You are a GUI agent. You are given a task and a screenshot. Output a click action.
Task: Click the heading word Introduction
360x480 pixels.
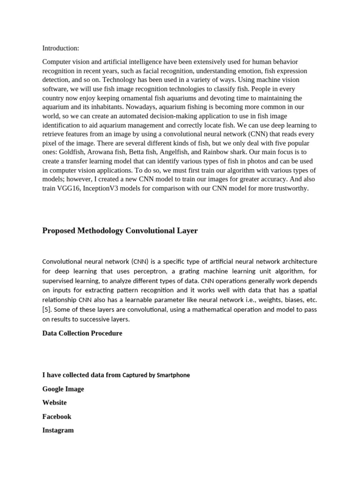point(60,48)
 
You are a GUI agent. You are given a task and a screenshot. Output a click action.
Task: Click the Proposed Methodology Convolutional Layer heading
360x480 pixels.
point(120,231)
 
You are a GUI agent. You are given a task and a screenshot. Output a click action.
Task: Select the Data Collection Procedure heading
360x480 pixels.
point(82,333)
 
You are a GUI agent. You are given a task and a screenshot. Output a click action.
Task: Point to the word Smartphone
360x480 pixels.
point(173,375)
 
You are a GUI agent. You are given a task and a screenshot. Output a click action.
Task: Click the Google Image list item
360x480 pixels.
point(63,389)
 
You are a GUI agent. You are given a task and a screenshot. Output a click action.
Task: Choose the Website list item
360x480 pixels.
point(54,402)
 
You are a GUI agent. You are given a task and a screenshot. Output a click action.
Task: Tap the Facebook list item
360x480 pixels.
point(57,416)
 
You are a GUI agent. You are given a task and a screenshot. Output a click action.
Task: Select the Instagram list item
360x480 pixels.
point(58,430)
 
